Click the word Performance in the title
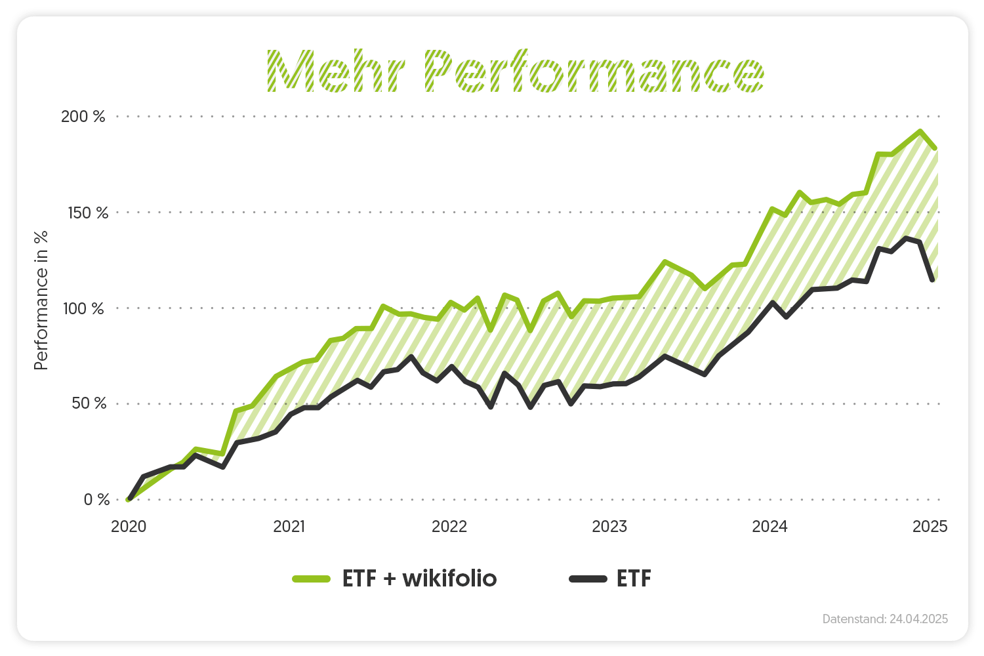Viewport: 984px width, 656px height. pos(594,71)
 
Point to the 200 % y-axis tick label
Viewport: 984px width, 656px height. pos(83,117)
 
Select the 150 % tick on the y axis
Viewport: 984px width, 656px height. pos(88,213)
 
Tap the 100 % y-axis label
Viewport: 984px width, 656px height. pos(83,308)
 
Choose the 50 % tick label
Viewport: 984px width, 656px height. pos(89,403)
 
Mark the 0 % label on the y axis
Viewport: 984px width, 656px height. pos(96,500)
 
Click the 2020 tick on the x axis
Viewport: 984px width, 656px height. pos(129,527)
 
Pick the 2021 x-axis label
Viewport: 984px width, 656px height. pos(289,527)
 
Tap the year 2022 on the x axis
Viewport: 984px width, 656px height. pos(449,527)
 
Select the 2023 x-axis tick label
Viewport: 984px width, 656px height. pos(609,527)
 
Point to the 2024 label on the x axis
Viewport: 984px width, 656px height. pos(769,527)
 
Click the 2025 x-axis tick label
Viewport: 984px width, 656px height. pos(930,527)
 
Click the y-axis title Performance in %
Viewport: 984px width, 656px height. pos(41,300)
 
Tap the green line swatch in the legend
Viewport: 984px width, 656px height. pos(311,579)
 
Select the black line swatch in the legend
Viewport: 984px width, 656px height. pos(588,579)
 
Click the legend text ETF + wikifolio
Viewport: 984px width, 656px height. pos(419,579)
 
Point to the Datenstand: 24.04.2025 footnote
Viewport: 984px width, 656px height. pos(885,619)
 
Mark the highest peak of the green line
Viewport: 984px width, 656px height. pos(920,131)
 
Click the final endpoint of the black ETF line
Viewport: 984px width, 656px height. pos(932,280)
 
